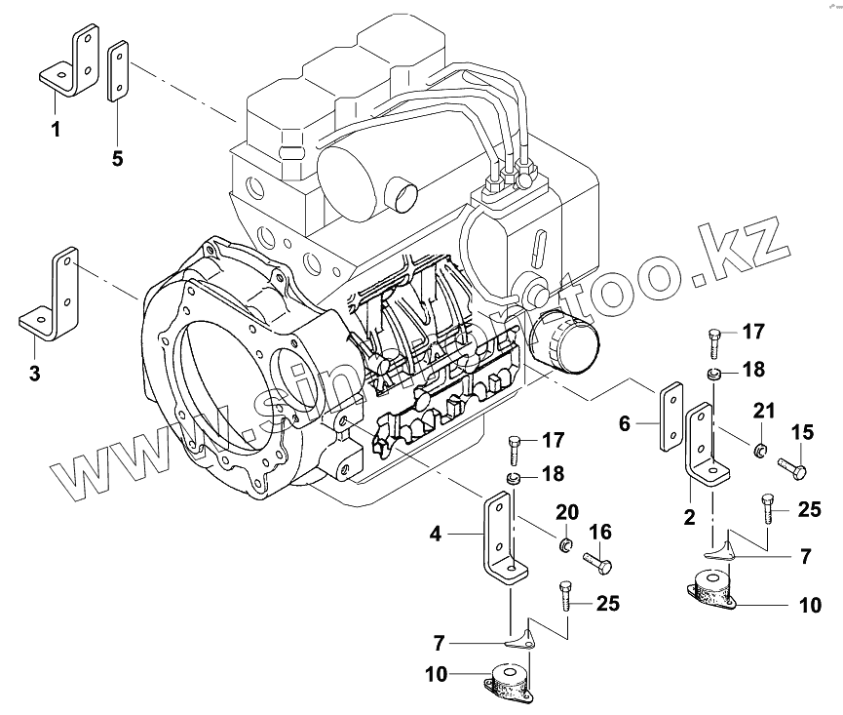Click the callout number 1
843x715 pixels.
coord(56,129)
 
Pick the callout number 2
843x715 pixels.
coord(689,518)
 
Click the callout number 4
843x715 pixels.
coord(437,534)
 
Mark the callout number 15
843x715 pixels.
coord(801,431)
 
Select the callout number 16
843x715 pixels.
coord(599,532)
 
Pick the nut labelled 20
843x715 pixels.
coord(562,541)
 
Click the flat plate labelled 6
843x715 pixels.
coord(672,416)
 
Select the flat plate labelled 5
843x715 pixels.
coord(117,70)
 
